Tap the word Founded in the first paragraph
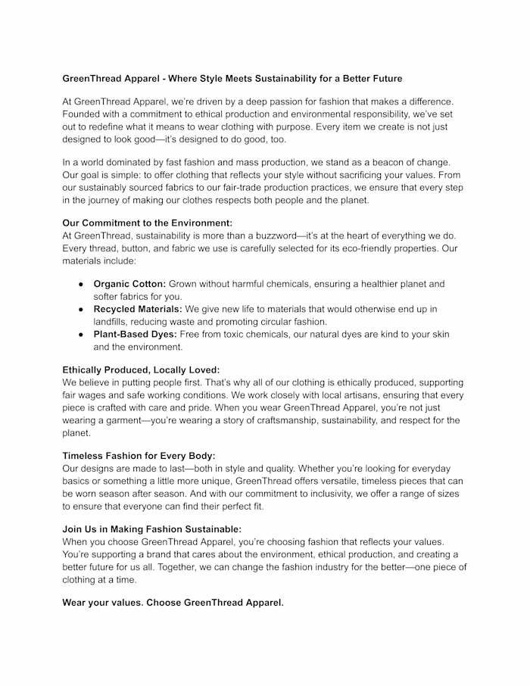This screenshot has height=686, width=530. click(84, 114)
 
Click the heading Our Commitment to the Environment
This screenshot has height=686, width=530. click(147, 223)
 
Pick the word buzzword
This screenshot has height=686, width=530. click(270, 235)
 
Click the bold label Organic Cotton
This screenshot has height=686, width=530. click(129, 284)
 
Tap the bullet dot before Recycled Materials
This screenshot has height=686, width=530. click(81, 310)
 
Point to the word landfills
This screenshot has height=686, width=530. click(114, 322)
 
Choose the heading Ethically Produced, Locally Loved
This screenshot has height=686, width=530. click(141, 370)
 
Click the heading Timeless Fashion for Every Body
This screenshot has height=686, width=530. click(139, 456)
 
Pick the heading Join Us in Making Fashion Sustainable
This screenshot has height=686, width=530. click(151, 529)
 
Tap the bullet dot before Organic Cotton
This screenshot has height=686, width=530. click(81, 284)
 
